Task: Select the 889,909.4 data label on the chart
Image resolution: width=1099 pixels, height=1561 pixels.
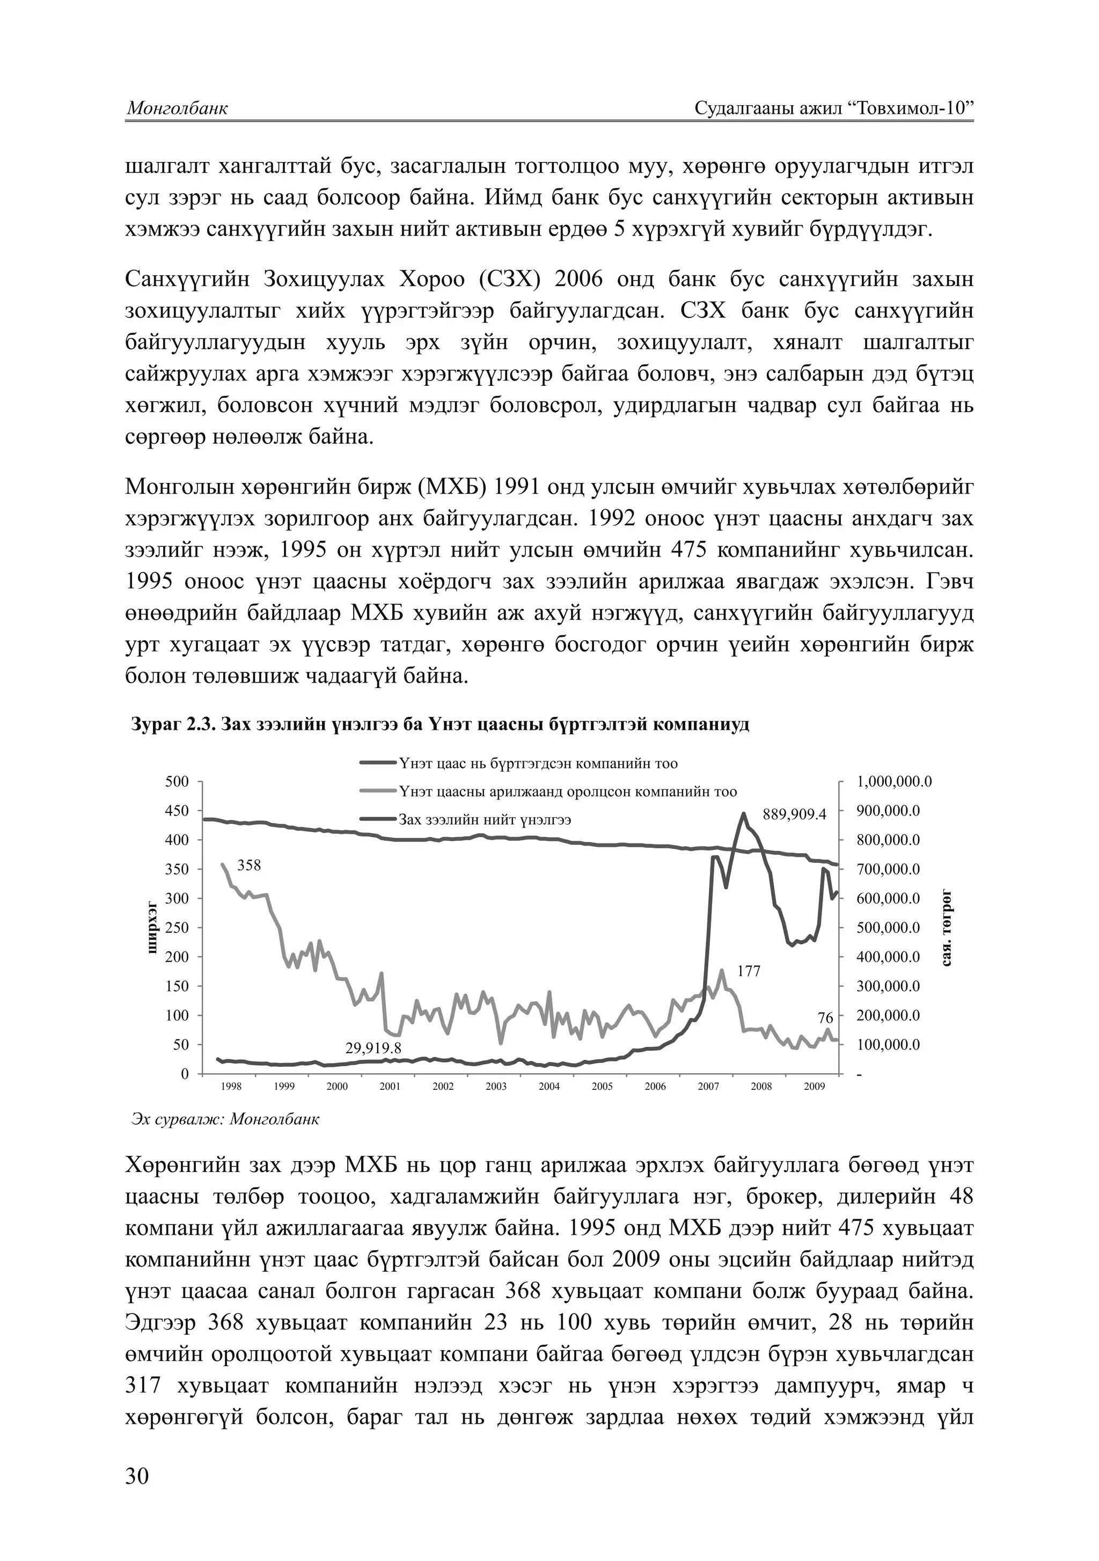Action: [x=794, y=815]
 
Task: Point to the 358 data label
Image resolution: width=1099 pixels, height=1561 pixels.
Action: [x=249, y=866]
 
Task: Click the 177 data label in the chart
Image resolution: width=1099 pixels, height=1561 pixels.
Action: [x=749, y=971]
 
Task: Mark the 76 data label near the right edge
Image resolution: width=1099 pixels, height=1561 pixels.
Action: [x=825, y=1018]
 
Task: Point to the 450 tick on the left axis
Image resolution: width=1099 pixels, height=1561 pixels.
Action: [x=178, y=810]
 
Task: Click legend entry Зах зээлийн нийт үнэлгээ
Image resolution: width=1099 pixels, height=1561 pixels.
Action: [x=484, y=820]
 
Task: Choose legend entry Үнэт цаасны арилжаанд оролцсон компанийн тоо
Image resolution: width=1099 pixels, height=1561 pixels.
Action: [x=567, y=792]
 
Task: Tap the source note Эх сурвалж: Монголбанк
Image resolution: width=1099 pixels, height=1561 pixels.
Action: [x=224, y=1118]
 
